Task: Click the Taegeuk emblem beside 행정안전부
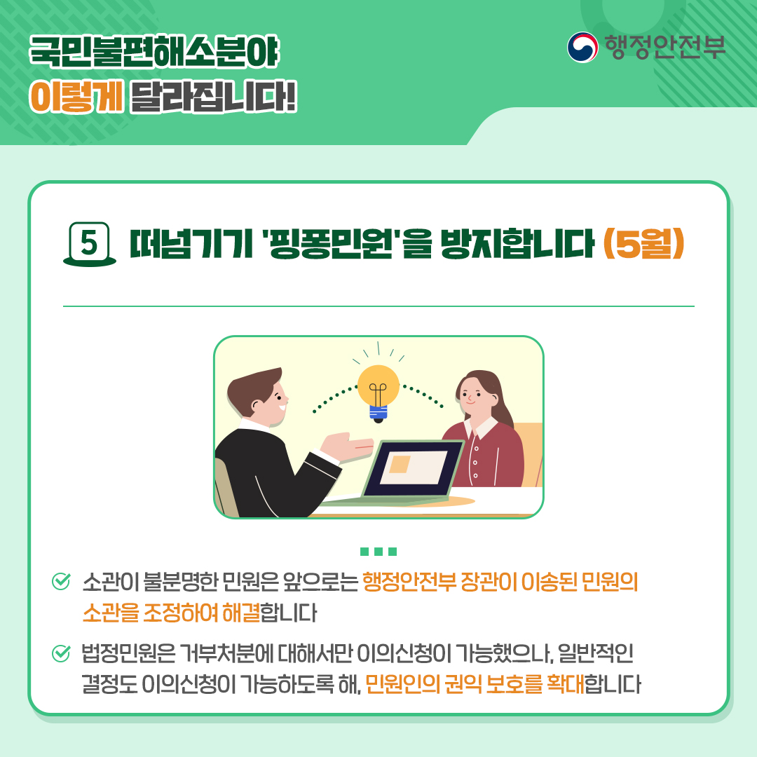582,48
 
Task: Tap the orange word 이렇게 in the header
76,97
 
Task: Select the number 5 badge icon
89,244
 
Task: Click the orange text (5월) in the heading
643,244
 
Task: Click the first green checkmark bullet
61,581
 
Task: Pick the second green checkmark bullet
61,653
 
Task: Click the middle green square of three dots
378,552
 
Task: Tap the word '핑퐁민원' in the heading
329,244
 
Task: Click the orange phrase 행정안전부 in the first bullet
409,582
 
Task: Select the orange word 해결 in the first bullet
241,613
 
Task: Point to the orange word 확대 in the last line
566,683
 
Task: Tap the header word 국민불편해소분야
154,50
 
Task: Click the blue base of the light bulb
378,412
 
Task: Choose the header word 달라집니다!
213,97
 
